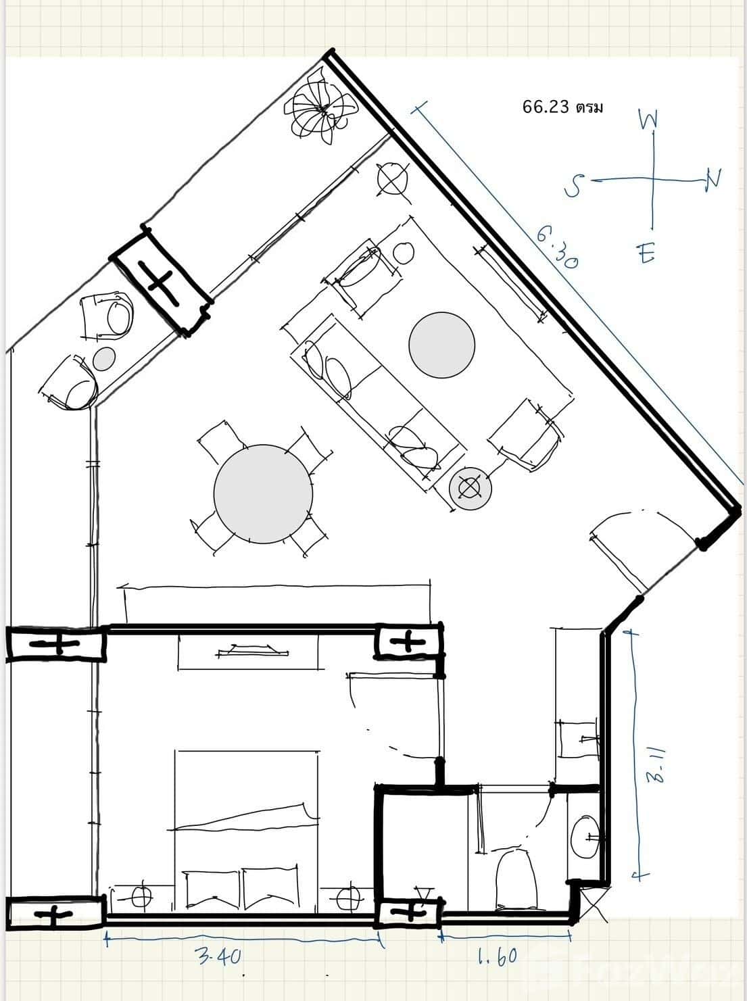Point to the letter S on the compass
click(574, 185)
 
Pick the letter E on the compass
click(646, 254)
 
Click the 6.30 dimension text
click(558, 247)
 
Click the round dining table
click(263, 493)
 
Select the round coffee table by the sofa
click(441, 345)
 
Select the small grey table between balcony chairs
click(104, 358)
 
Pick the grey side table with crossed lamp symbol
click(470, 487)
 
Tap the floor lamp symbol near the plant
click(392, 179)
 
